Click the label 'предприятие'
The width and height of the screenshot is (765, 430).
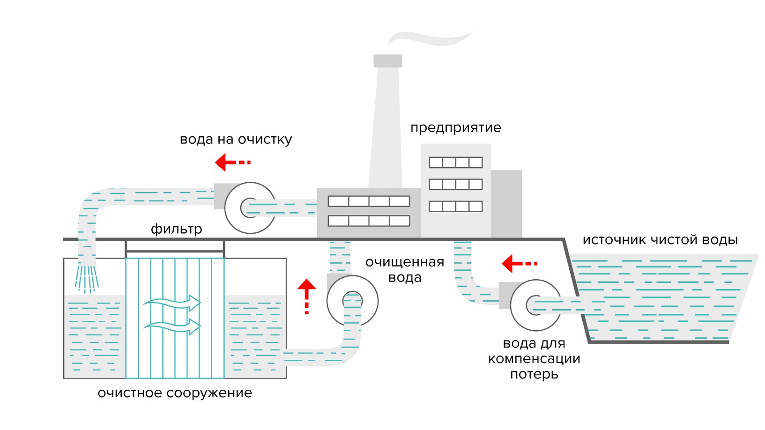point(455,128)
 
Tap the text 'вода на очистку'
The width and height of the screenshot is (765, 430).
point(236,140)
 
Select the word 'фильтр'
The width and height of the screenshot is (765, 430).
point(176,229)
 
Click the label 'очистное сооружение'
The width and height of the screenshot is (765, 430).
point(175,393)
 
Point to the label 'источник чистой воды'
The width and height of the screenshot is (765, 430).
point(660,240)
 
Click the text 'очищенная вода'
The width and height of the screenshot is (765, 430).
point(405,269)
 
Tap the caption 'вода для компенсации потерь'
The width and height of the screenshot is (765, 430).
point(534,359)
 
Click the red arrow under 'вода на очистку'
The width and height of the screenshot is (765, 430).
point(232,163)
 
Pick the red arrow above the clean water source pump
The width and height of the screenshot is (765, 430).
point(519,263)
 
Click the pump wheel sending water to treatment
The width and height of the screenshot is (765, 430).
point(250,208)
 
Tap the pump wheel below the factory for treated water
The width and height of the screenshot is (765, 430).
point(352,301)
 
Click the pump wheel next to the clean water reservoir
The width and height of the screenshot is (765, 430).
point(535,305)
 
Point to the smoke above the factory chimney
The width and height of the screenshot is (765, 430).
point(430,38)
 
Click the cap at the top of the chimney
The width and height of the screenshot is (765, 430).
point(388,61)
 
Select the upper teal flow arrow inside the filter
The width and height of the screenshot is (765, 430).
point(172,303)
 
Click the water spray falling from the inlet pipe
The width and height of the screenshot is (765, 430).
point(87,279)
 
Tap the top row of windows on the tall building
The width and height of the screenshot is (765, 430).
point(455,163)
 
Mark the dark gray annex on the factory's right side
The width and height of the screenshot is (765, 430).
point(506,204)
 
